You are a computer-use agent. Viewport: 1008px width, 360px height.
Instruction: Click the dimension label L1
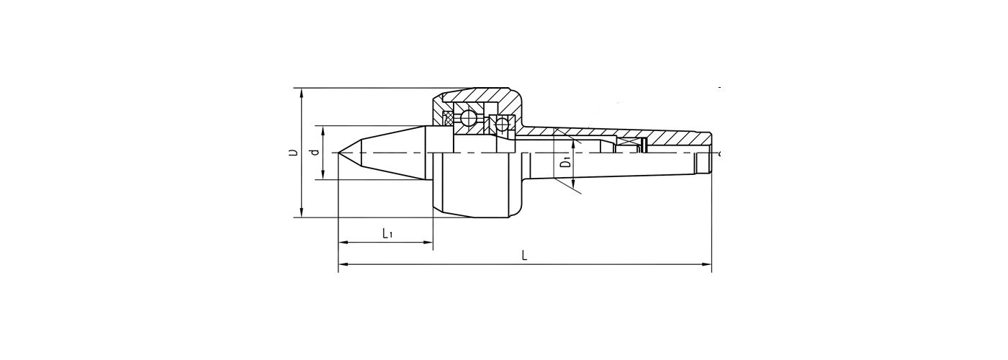pos(387,233)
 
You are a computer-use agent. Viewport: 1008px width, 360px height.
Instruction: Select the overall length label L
pos(524,256)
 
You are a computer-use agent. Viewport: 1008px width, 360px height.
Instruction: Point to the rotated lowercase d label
pos(316,152)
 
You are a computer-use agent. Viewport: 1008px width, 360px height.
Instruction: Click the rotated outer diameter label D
pos(294,152)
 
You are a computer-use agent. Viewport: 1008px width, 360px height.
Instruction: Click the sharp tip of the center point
pos(338,153)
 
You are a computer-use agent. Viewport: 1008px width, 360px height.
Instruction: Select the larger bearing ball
pos(468,119)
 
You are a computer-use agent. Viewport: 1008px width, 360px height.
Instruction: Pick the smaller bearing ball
pos(501,124)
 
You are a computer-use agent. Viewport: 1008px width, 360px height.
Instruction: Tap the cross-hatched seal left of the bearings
pos(448,120)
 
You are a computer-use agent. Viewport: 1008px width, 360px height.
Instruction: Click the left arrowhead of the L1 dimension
pos(343,243)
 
